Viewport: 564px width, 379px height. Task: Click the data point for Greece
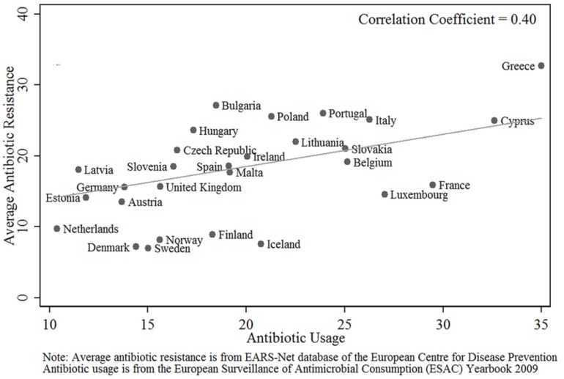click(x=541, y=65)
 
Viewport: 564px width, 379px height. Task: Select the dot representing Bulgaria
click(x=216, y=106)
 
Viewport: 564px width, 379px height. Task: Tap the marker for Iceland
click(x=261, y=244)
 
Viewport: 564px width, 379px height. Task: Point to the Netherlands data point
click(x=57, y=229)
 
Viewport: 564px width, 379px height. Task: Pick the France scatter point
click(x=432, y=185)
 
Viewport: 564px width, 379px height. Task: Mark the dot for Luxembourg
click(x=385, y=194)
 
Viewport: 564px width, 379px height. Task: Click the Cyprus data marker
click(x=494, y=120)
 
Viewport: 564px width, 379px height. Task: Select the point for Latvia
click(x=78, y=169)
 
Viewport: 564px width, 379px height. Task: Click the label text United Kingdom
click(x=204, y=188)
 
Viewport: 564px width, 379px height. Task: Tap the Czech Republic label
click(x=220, y=150)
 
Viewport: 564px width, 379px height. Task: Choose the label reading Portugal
click(x=347, y=114)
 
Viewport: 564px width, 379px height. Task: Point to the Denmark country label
click(x=108, y=248)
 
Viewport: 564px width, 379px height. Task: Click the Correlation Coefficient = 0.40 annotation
click(x=448, y=20)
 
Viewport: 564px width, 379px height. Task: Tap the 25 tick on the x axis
click(x=344, y=324)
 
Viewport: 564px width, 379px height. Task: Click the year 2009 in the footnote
click(x=543, y=369)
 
